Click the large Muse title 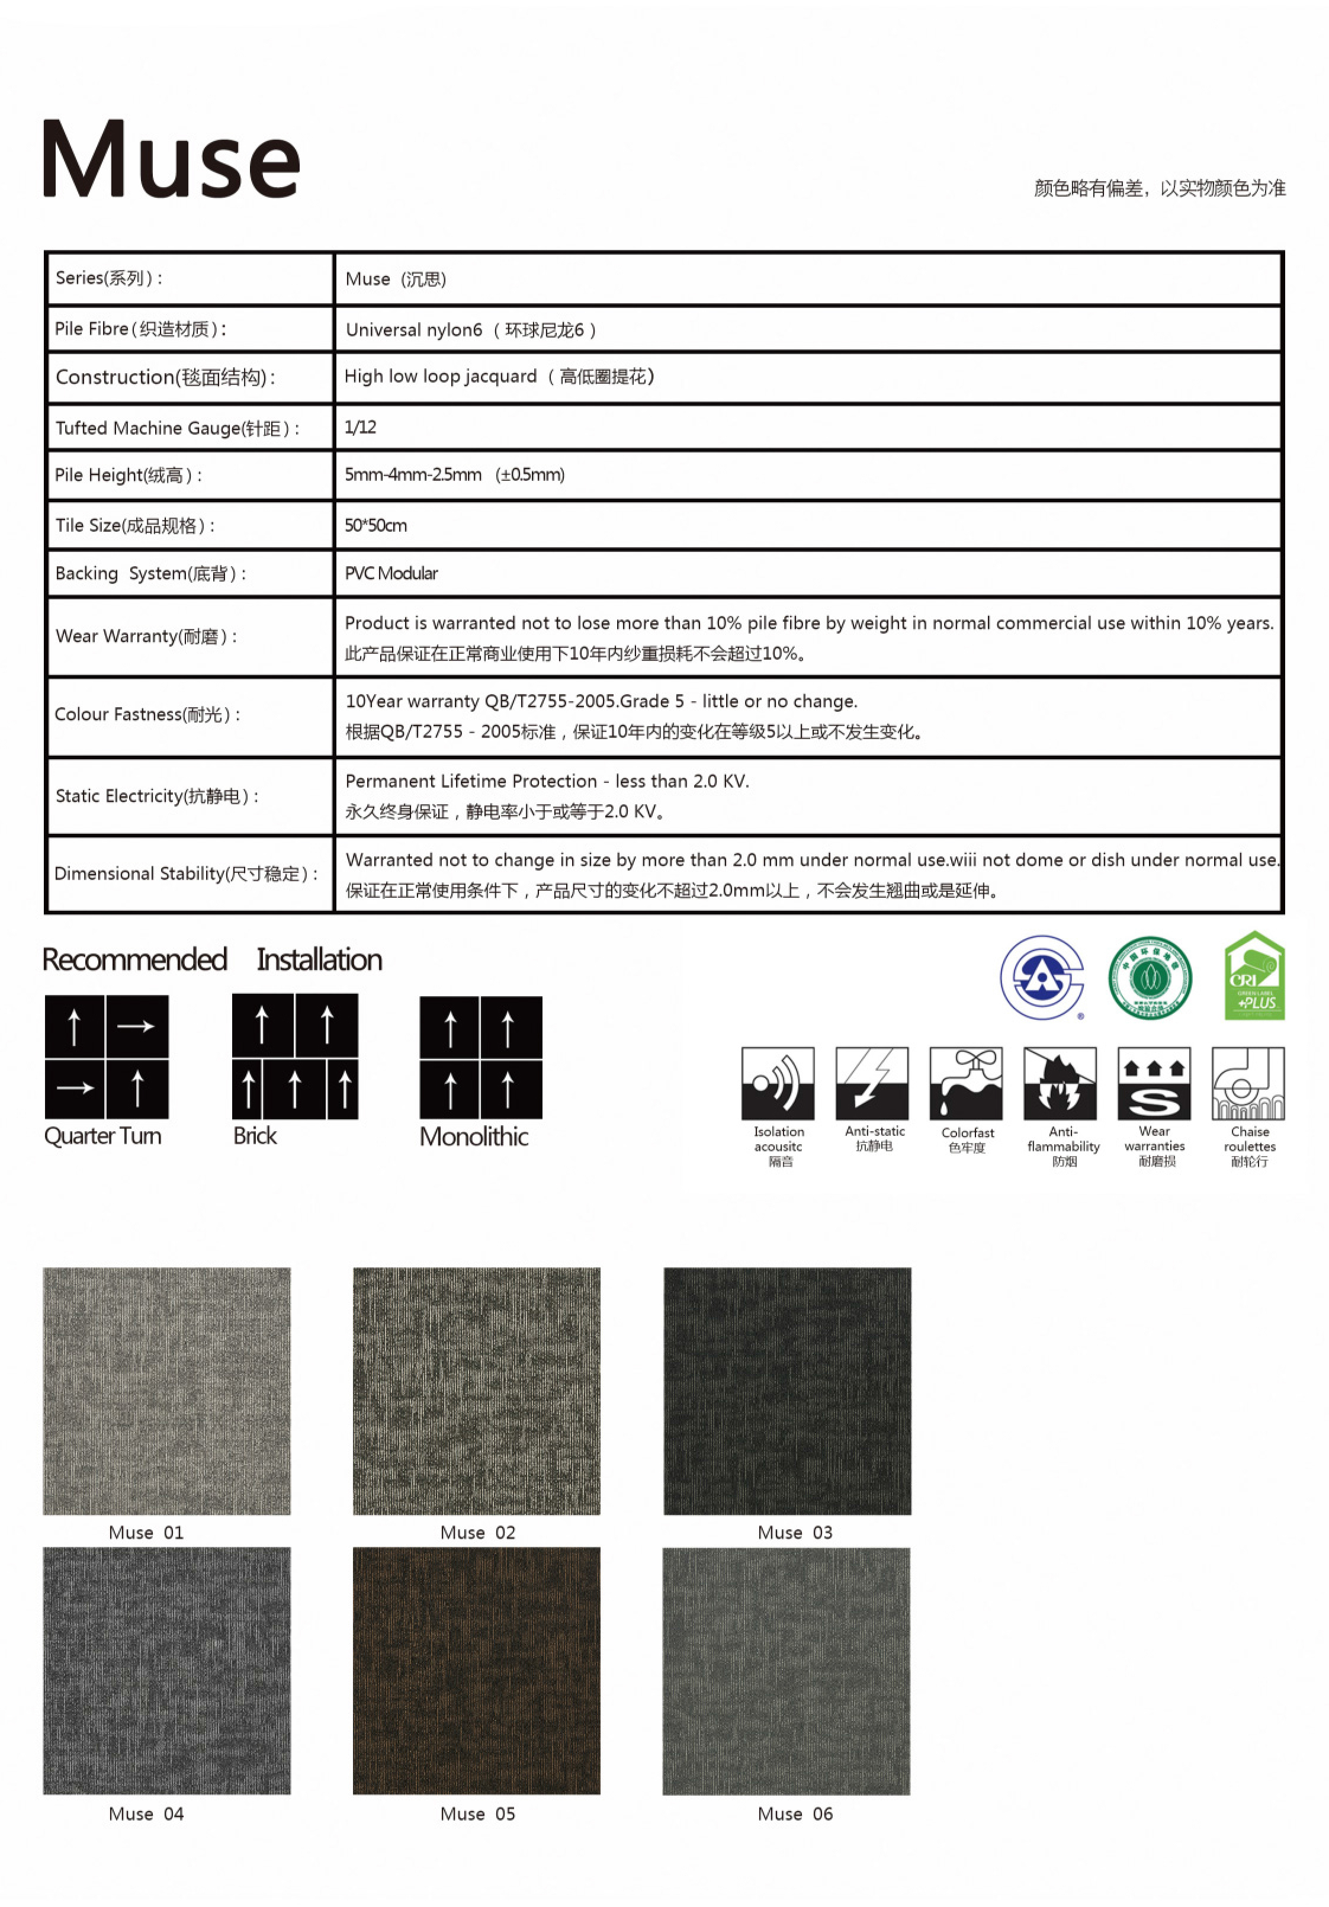click(x=171, y=159)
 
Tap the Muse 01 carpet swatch click(x=167, y=1391)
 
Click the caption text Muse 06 click(x=794, y=1813)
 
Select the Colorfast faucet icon click(x=965, y=1083)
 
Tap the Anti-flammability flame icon click(x=1060, y=1083)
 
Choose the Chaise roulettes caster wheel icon click(x=1248, y=1083)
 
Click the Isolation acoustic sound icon click(x=778, y=1083)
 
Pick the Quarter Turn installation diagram click(x=107, y=1057)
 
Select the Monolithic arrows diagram click(x=481, y=1057)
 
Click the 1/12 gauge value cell click(x=361, y=427)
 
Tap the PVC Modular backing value click(x=391, y=573)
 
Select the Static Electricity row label click(x=157, y=796)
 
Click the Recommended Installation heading click(x=213, y=959)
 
